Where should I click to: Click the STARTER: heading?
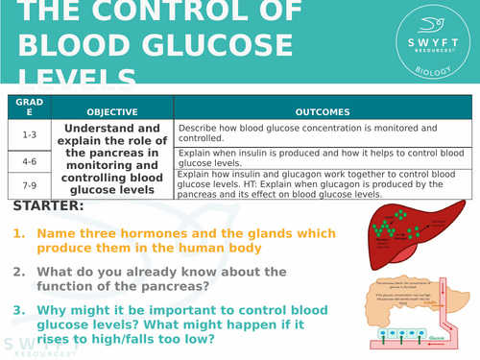coord(49,205)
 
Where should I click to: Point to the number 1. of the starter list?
coord(19,232)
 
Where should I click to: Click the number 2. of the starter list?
coord(19,272)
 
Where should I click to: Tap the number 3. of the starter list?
coord(19,309)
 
